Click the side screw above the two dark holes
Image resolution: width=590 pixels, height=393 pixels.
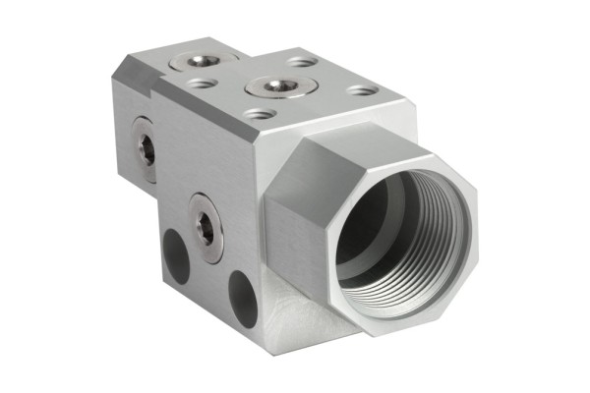[x=206, y=228]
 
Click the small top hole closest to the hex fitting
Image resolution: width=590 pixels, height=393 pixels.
[x=361, y=90]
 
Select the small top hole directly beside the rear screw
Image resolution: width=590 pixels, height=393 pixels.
[x=203, y=85]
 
